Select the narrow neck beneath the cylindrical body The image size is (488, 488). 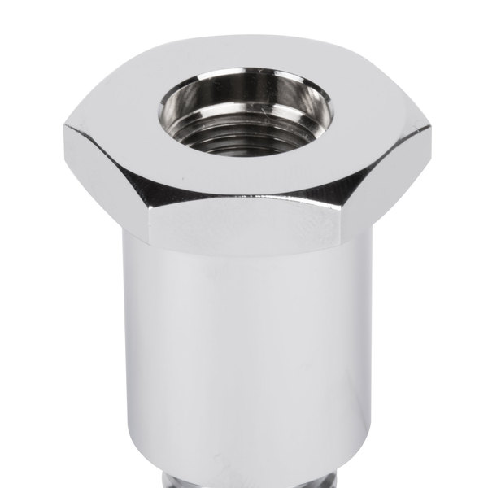point(244,481)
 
